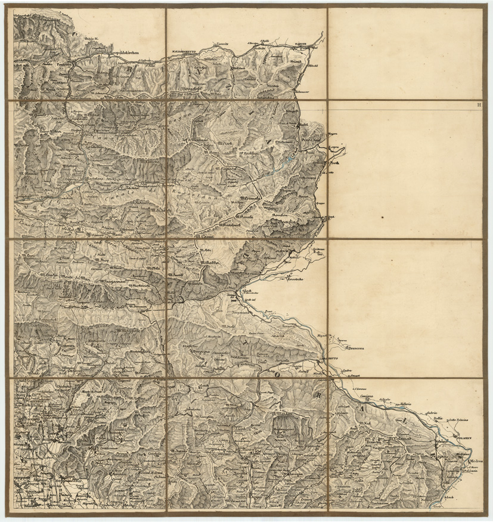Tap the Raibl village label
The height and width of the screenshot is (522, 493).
302,125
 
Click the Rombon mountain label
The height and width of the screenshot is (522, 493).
280,215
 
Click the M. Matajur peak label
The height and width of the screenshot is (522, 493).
284,414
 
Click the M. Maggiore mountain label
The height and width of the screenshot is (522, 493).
128,330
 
